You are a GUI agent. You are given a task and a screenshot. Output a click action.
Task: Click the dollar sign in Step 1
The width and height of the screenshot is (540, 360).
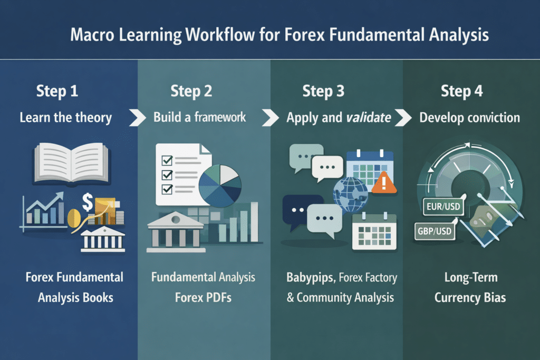click(x=88, y=201)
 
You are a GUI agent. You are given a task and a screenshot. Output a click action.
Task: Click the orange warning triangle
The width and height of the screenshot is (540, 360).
click(x=383, y=184)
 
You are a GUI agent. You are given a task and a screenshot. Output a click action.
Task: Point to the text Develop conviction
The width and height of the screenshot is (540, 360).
click(x=469, y=117)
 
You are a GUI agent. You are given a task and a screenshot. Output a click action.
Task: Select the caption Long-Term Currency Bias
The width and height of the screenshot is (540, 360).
click(x=470, y=287)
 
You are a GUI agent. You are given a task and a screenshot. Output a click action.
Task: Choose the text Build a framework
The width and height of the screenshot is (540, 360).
click(x=200, y=117)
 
